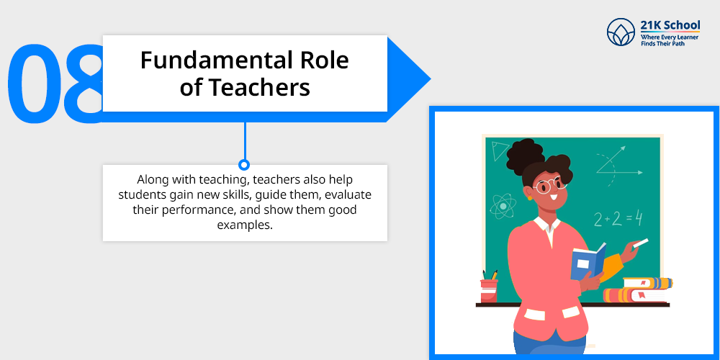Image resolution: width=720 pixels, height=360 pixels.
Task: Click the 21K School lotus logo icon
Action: pos(621,32)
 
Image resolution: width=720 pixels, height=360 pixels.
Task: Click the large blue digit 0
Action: pos(33,83)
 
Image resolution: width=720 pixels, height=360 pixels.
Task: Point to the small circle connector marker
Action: pos(244,164)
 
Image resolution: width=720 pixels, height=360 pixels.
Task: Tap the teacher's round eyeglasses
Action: pos(549,185)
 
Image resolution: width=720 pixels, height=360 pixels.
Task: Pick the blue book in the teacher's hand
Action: pos(588,262)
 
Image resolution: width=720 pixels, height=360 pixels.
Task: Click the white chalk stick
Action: pos(641,243)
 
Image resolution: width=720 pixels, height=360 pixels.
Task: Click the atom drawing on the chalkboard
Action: pos(503,206)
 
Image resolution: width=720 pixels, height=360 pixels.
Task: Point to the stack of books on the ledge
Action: pos(638,289)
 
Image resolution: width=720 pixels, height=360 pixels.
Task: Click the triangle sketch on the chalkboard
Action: pos(499,151)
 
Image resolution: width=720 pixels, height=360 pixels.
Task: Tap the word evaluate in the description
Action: pos(348,194)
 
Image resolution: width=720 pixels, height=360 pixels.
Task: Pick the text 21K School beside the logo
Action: pos(670,24)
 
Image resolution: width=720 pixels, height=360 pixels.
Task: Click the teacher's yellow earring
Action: pos(529,198)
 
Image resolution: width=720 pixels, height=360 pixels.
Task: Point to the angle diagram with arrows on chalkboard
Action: pos(619,166)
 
